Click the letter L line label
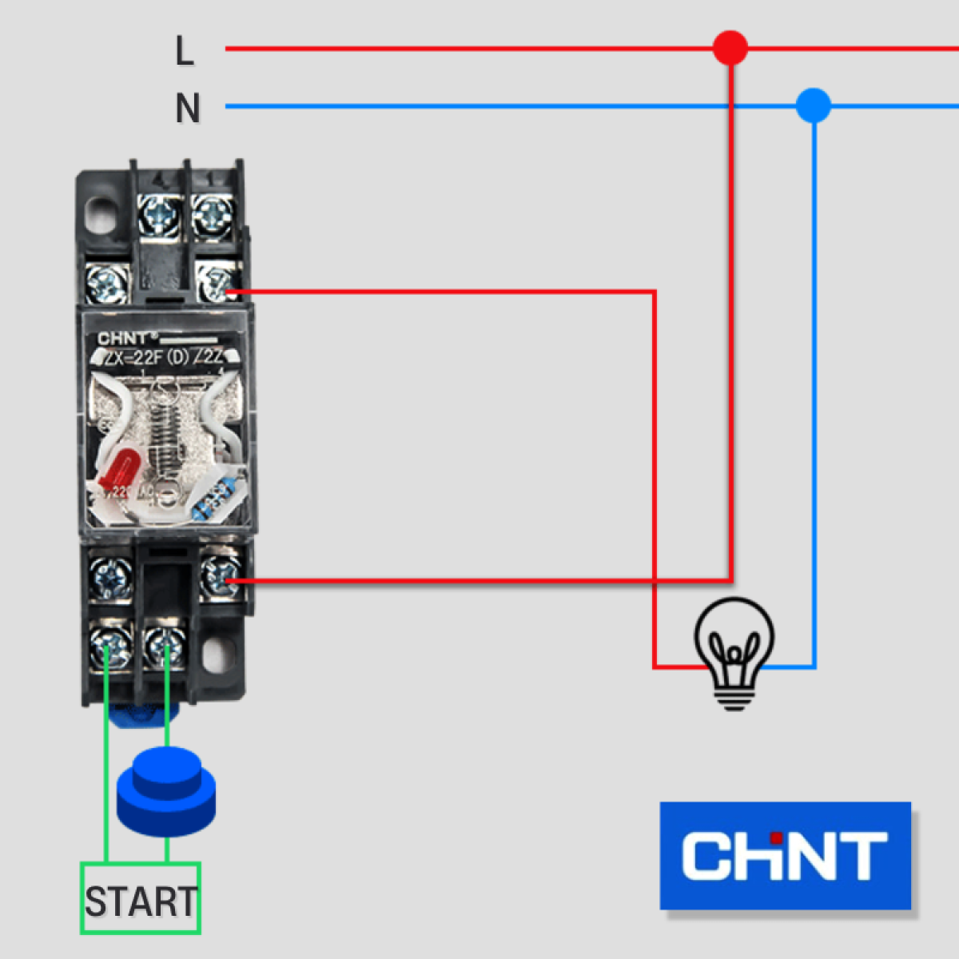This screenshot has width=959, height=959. pos(184,51)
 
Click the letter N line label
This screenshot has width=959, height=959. pos(187,109)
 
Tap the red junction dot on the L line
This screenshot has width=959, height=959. pos(730,48)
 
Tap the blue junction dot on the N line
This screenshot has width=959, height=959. pos(814,105)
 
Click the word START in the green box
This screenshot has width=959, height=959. pos(141,901)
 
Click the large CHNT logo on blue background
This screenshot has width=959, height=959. pos(785,855)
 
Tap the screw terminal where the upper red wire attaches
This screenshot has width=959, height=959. pos(216,282)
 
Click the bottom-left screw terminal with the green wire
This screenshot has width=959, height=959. pos(109,644)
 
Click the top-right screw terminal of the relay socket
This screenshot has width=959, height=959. pos(213,213)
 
